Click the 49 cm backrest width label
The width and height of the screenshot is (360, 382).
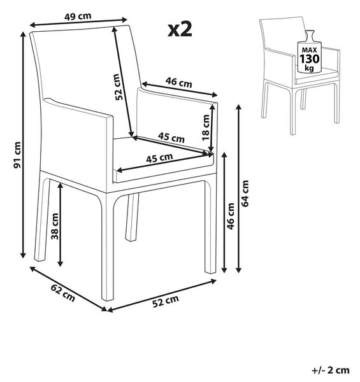78,17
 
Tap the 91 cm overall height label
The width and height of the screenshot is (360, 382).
17,155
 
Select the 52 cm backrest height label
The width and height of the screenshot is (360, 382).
118,87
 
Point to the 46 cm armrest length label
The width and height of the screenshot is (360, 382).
178,82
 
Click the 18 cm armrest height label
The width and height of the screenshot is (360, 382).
206,127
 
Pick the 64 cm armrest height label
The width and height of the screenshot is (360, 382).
245,194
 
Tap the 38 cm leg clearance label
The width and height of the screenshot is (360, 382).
55,226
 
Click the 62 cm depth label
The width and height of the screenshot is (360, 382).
63,293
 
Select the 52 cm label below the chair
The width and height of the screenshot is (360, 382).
166,301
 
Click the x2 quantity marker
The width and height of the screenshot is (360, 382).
180,30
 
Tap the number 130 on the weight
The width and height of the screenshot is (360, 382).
309,59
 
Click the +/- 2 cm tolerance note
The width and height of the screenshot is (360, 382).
331,370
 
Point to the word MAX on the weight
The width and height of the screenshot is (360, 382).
309,50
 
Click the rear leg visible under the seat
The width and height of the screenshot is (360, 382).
132,217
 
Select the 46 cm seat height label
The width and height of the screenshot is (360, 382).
231,216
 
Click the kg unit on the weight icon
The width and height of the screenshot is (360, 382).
309,68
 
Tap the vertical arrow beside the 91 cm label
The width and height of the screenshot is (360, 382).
23,145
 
